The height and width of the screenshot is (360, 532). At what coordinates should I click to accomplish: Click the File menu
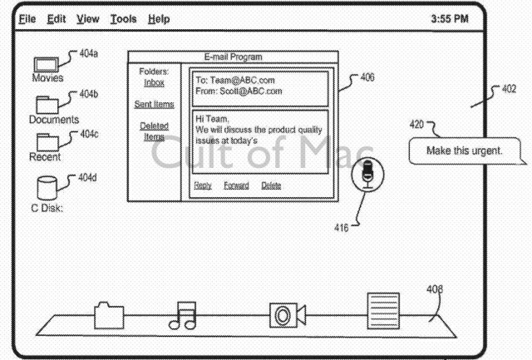pyautogui.click(x=27, y=18)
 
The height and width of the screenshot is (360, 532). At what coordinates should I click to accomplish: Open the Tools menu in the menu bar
pyautogui.click(x=123, y=18)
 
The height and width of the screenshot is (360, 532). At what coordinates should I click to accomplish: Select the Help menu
pyautogui.click(x=159, y=18)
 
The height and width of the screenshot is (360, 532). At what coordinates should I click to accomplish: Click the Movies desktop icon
pyautogui.click(x=47, y=64)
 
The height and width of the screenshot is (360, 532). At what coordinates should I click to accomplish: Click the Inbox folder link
pyautogui.click(x=154, y=83)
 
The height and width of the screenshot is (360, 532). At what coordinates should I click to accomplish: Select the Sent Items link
pyautogui.click(x=154, y=105)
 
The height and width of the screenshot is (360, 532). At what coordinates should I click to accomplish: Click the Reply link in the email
pyautogui.click(x=203, y=185)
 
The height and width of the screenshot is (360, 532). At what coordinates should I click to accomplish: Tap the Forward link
pyautogui.click(x=236, y=185)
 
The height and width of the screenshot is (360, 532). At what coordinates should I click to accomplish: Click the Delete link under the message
pyautogui.click(x=271, y=185)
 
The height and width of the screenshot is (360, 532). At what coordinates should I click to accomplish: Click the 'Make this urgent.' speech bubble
pyautogui.click(x=466, y=151)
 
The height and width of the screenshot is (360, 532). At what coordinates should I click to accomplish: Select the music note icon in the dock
pyautogui.click(x=183, y=316)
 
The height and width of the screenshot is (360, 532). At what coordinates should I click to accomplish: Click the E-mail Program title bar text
pyautogui.click(x=233, y=57)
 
